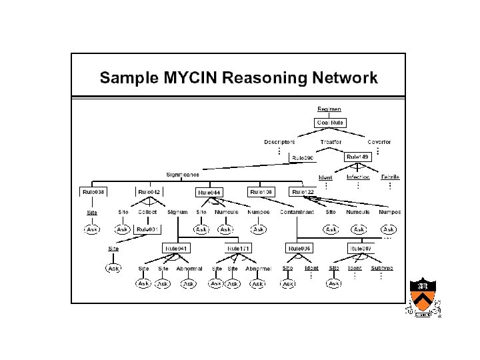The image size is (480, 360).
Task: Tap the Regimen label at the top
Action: point(329,109)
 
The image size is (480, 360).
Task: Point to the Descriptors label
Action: point(279,141)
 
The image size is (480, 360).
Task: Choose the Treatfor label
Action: point(331,141)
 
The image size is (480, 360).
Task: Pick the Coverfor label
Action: point(379,141)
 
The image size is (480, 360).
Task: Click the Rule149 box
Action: point(357,157)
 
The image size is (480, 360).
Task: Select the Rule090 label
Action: point(303,158)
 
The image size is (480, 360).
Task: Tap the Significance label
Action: point(182,175)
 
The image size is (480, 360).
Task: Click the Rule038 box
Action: point(94,192)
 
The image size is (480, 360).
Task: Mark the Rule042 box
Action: point(149,192)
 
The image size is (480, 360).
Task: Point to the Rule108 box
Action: point(261,192)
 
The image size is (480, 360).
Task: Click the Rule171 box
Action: point(238,248)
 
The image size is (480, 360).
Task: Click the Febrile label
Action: point(390,177)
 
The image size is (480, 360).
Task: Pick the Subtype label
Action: point(382,268)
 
